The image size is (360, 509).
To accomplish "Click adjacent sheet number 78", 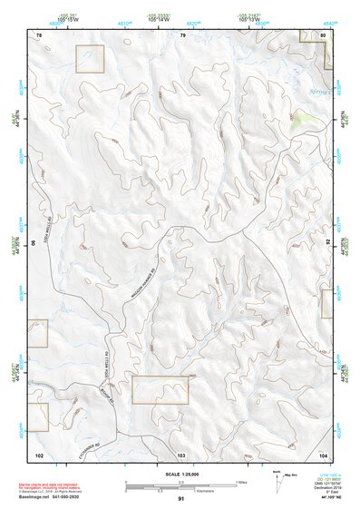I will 39,34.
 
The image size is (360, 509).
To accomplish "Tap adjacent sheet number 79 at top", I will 182,34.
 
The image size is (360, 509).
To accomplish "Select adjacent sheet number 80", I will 324,34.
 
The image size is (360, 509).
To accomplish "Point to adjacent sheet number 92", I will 327,242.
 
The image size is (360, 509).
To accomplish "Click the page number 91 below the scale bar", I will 181,499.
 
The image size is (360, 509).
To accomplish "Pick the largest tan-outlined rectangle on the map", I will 160,389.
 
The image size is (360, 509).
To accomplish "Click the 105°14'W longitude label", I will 182,20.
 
